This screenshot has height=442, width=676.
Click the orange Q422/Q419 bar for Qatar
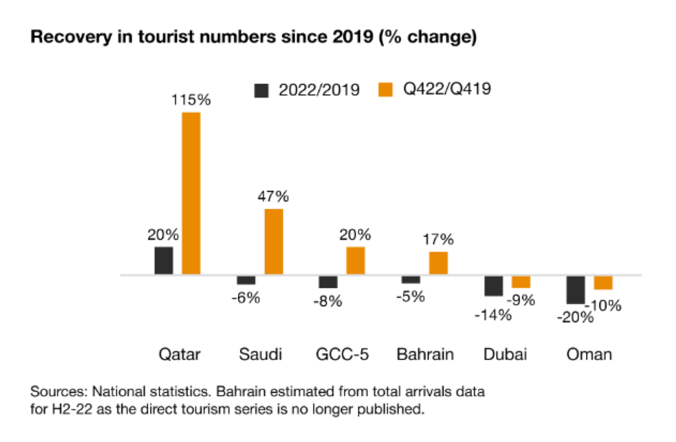[x=191, y=193]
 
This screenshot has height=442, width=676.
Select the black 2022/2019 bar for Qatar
[x=164, y=261]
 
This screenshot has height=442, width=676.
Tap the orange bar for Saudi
[x=274, y=241]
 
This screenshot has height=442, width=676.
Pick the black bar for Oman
[x=576, y=289]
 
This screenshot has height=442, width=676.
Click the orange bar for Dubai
[x=521, y=282]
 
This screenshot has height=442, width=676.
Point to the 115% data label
[x=192, y=100]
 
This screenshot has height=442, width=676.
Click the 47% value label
[x=274, y=197]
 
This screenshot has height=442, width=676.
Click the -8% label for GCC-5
[x=328, y=301]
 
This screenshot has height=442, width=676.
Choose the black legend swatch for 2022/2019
[x=262, y=90]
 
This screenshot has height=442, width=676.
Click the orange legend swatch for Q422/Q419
[x=387, y=90]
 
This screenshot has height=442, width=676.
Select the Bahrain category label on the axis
[x=425, y=354]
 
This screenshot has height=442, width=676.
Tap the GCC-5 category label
[x=342, y=354]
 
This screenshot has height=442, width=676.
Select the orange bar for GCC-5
[x=356, y=261]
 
